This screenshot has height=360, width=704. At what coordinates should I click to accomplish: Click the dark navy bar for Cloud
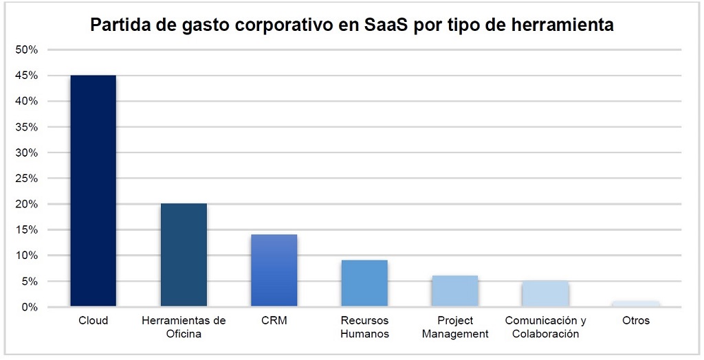point(93,190)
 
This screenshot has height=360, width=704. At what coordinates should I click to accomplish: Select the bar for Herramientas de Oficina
point(184,255)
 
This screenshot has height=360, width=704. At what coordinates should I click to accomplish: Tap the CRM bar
point(274,270)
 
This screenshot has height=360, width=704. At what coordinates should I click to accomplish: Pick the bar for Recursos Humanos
point(364,283)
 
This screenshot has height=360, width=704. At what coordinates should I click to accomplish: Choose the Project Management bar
point(454,291)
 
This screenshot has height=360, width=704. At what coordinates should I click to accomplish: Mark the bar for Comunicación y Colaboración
point(545,294)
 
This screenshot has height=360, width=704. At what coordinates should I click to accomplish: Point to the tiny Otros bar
point(635,304)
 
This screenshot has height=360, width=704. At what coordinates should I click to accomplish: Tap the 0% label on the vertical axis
point(30,307)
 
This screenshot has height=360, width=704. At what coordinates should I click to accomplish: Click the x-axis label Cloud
point(93,321)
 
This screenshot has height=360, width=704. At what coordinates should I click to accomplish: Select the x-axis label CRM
point(274,321)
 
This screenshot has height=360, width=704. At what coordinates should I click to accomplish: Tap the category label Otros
point(635,321)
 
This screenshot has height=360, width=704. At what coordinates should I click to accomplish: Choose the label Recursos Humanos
point(364,327)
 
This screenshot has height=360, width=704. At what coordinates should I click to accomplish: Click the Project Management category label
point(454,327)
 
